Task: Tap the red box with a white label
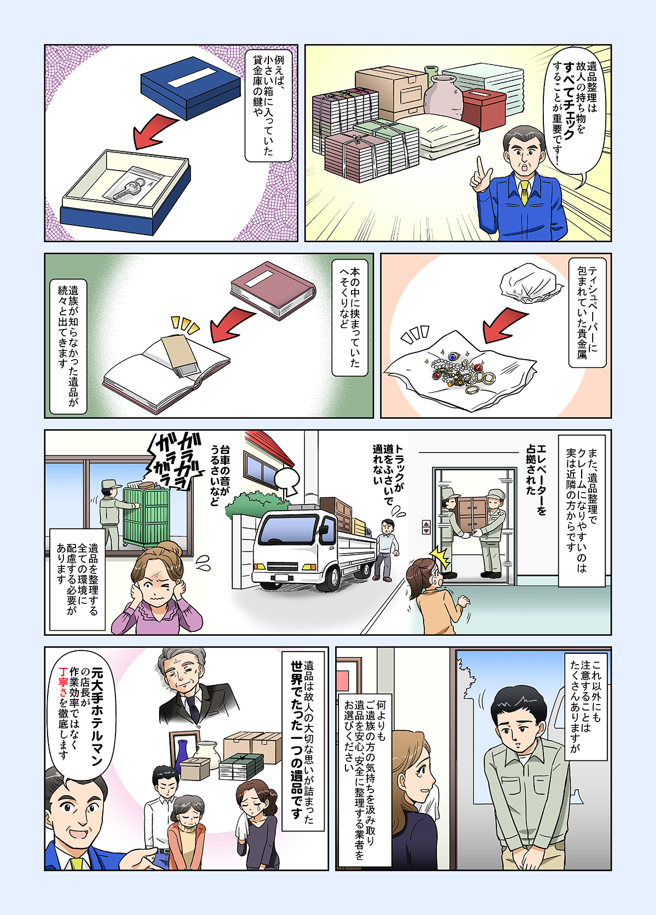[x=484, y=109]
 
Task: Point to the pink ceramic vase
[x=443, y=96]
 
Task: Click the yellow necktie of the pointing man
[x=524, y=192]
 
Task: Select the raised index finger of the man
[x=481, y=167]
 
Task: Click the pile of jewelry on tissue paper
[x=461, y=369]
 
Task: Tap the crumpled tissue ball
[x=530, y=283]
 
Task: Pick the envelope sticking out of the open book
[x=179, y=353]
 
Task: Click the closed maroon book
[x=272, y=290]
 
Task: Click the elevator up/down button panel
[x=426, y=527]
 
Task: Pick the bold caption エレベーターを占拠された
[x=536, y=480]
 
